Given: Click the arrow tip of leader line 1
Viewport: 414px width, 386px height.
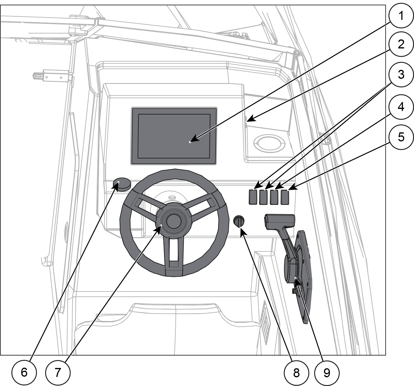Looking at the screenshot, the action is (190, 142).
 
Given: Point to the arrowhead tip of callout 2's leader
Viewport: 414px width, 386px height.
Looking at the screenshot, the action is (247, 121).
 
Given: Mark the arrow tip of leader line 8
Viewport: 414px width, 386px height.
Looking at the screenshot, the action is (240, 228).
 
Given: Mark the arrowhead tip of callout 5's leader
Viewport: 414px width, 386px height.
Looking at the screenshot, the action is (288, 190).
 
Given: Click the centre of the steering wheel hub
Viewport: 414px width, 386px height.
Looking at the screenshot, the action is (173, 221).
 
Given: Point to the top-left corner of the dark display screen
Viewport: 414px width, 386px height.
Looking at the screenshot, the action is (131, 108).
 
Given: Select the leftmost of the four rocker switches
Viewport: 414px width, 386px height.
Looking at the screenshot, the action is (253, 197).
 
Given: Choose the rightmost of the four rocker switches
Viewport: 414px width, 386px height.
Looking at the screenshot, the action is (285, 197).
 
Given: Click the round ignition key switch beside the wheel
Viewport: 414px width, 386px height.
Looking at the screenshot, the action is (239, 221).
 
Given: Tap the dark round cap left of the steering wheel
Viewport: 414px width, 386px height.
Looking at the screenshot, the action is (122, 184).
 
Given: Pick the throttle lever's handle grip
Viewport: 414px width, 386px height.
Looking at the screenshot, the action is (280, 221).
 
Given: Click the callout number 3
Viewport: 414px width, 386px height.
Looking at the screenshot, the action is (401, 74).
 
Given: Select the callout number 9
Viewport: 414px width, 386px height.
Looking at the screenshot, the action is (327, 373).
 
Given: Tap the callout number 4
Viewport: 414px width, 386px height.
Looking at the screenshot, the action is (401, 107).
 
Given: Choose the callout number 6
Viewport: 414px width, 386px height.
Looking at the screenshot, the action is (24, 372).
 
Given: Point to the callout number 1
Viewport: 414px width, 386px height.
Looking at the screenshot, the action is (400, 16).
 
